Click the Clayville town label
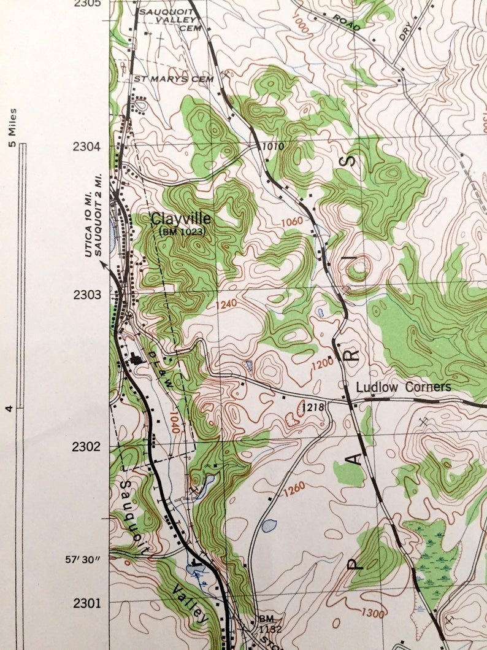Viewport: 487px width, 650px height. click(181, 219)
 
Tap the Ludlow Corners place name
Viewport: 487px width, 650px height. click(404, 387)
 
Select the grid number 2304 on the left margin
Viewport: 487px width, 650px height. click(86, 147)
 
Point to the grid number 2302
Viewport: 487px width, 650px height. click(86, 446)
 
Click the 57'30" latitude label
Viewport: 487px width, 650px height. click(85, 560)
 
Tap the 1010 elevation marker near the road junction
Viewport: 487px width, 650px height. click(273, 147)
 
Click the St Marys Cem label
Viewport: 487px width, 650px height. click(174, 79)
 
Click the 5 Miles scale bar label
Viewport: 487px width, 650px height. click(13, 128)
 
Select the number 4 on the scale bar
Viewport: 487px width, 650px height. click(10, 408)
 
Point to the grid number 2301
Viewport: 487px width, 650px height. click(86, 603)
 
